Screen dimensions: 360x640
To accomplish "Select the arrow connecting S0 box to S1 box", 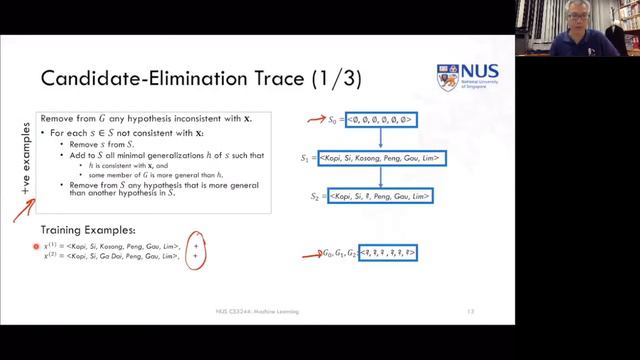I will point(382,138).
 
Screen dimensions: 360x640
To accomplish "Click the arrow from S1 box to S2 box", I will point(382,178).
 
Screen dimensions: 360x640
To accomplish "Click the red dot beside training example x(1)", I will point(36,245).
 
